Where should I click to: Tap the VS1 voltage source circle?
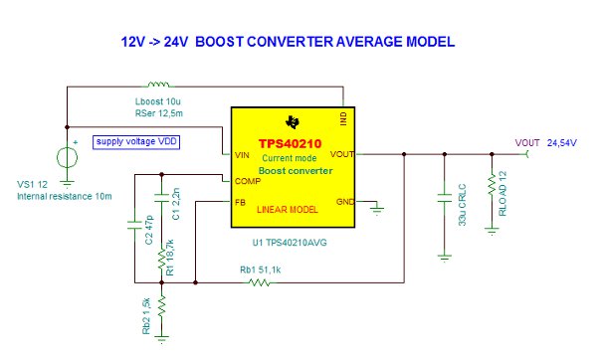point(66,157)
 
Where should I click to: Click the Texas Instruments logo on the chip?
point(292,122)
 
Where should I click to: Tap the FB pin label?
point(240,203)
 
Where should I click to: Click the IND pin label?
point(341,115)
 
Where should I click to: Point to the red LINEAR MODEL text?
point(289,211)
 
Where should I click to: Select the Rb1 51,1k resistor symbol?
point(259,282)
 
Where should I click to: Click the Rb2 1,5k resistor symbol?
point(161,316)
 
